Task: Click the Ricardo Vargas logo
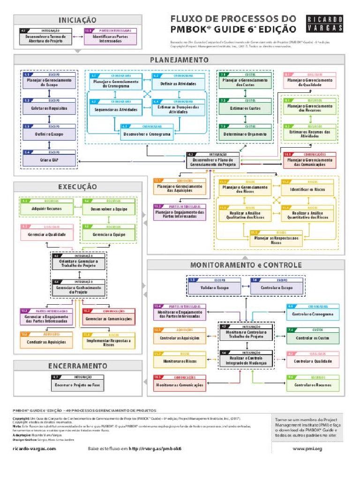pos(325,24)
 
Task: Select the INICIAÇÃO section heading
pos(77,20)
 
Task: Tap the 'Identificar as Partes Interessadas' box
pos(110,38)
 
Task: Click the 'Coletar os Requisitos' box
pos(49,107)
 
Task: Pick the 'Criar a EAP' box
pos(49,160)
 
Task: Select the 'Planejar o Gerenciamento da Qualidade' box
pos(309,82)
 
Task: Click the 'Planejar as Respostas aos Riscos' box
pos(276,240)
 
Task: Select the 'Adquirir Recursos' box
pos(46,208)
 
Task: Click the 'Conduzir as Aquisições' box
pos(46,342)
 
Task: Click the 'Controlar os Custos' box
pos(312,337)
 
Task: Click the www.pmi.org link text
pos(307,449)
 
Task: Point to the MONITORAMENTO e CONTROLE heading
pos(246,265)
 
